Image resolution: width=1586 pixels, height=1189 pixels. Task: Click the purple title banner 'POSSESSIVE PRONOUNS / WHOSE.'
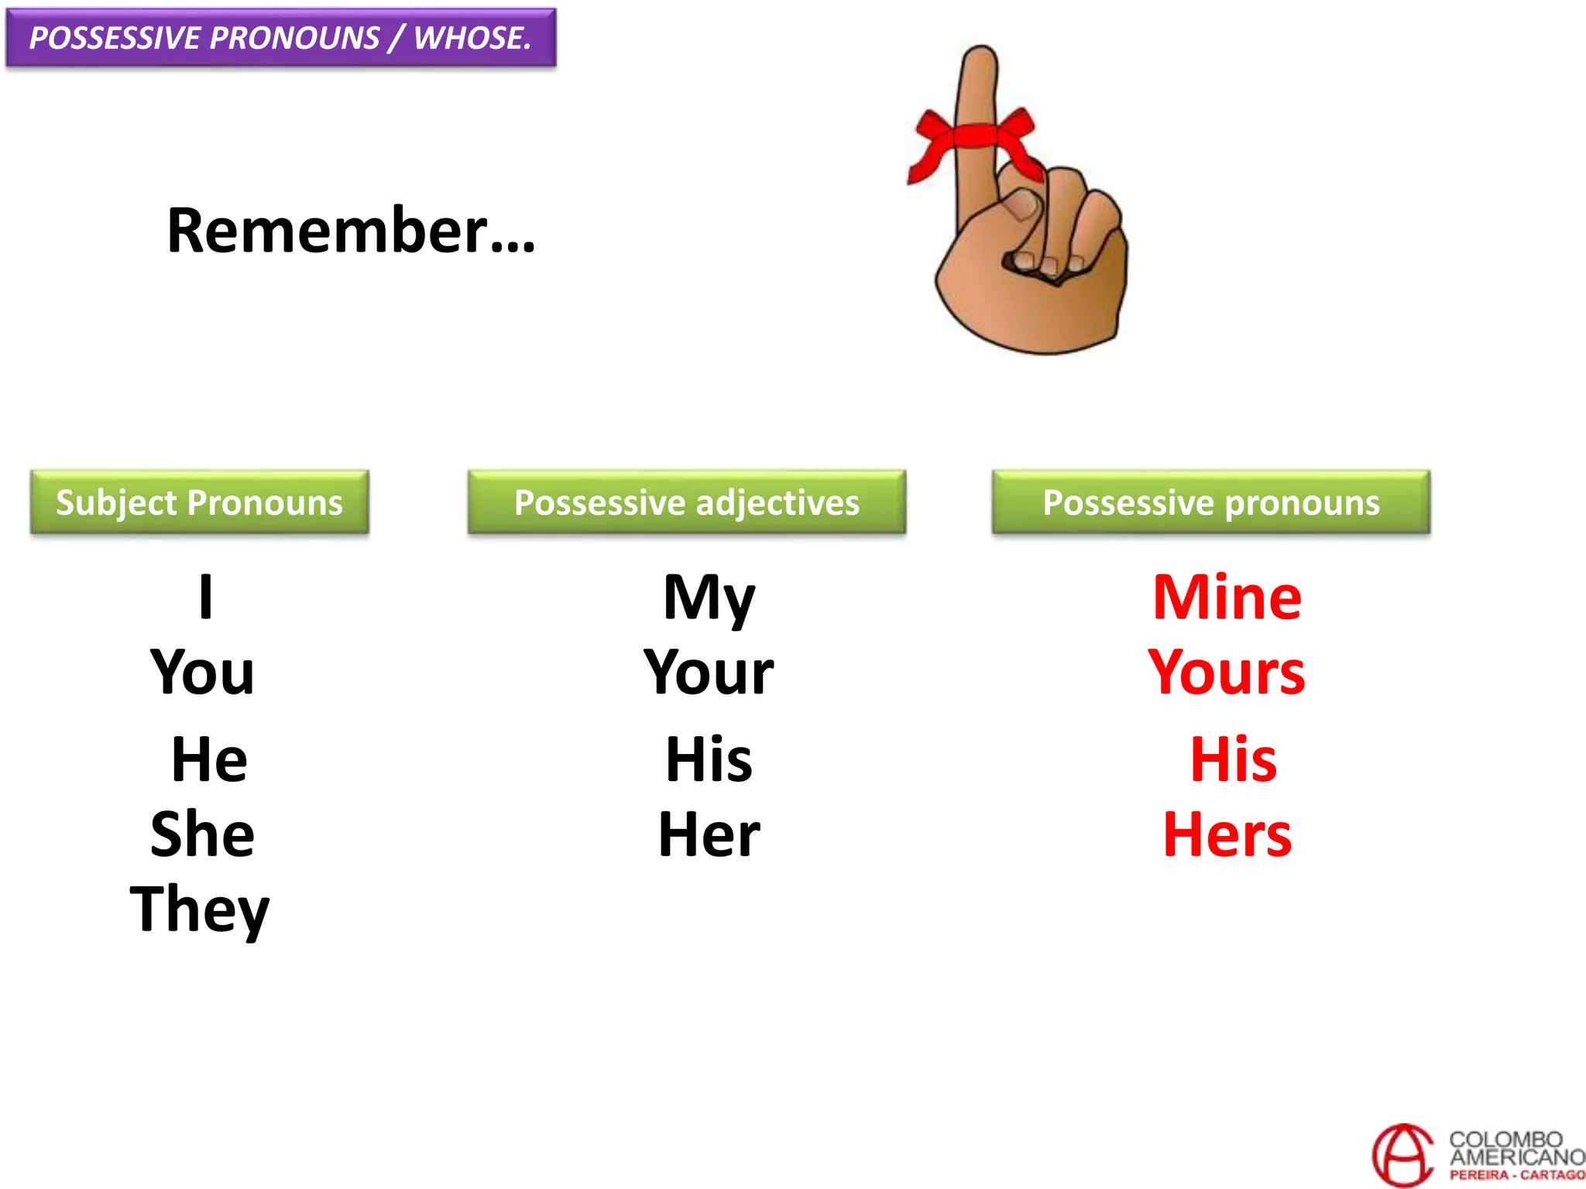[x=280, y=38]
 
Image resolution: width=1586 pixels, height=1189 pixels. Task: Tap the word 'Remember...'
[x=351, y=231]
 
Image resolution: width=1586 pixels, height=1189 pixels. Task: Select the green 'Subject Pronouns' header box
[x=199, y=502]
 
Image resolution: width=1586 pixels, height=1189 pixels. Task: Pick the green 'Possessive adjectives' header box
[x=686, y=502]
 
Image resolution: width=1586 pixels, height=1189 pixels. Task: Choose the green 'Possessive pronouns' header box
[x=1210, y=502]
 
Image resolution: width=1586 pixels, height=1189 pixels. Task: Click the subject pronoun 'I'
[x=205, y=597]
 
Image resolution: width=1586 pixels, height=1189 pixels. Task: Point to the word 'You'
[x=202, y=672]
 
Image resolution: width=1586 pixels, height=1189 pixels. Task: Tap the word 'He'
[x=209, y=759]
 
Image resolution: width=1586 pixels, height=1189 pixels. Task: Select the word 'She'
[x=202, y=834]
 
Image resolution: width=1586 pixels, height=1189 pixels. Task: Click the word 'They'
[x=200, y=910]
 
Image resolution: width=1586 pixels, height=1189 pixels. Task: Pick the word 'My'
[x=709, y=598]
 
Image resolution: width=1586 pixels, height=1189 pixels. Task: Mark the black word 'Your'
[x=709, y=672]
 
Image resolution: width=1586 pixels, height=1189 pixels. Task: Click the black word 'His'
[x=709, y=759]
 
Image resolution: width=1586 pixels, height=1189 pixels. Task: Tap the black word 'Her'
[x=709, y=834]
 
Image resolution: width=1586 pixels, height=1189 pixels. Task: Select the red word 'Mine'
[x=1227, y=597]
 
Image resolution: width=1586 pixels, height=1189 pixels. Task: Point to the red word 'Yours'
[x=1227, y=672]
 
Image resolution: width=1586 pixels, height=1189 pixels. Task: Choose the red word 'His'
[x=1233, y=759]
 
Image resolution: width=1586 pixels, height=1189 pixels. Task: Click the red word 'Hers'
[x=1227, y=834]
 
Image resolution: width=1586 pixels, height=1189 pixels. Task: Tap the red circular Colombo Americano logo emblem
[x=1402, y=1155]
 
